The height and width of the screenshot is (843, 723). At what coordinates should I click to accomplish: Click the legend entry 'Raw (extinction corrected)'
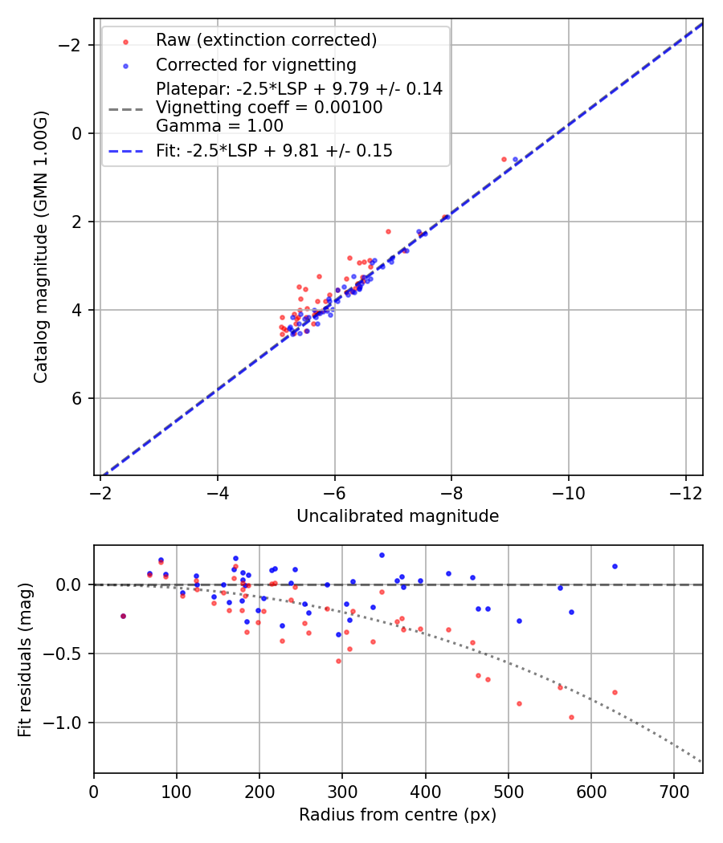click(266, 40)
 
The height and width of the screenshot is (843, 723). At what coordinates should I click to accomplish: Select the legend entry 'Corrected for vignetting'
click(255, 64)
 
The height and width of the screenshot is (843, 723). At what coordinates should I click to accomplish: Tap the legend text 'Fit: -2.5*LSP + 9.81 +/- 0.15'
click(274, 151)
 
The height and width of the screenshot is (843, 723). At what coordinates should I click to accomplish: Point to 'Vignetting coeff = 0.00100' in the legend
click(269, 108)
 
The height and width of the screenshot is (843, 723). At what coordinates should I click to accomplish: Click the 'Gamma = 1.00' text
click(219, 126)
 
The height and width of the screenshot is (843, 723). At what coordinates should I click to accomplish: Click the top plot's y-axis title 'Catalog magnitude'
click(41, 246)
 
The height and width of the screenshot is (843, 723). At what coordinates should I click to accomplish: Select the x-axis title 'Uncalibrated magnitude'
click(398, 516)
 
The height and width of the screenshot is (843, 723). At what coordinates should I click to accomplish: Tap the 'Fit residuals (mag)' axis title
click(25, 659)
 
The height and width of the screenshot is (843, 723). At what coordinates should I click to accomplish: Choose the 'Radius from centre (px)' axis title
click(398, 815)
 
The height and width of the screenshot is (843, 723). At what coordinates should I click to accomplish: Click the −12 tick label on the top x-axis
click(685, 490)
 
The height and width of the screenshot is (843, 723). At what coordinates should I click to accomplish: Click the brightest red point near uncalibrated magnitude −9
click(504, 159)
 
